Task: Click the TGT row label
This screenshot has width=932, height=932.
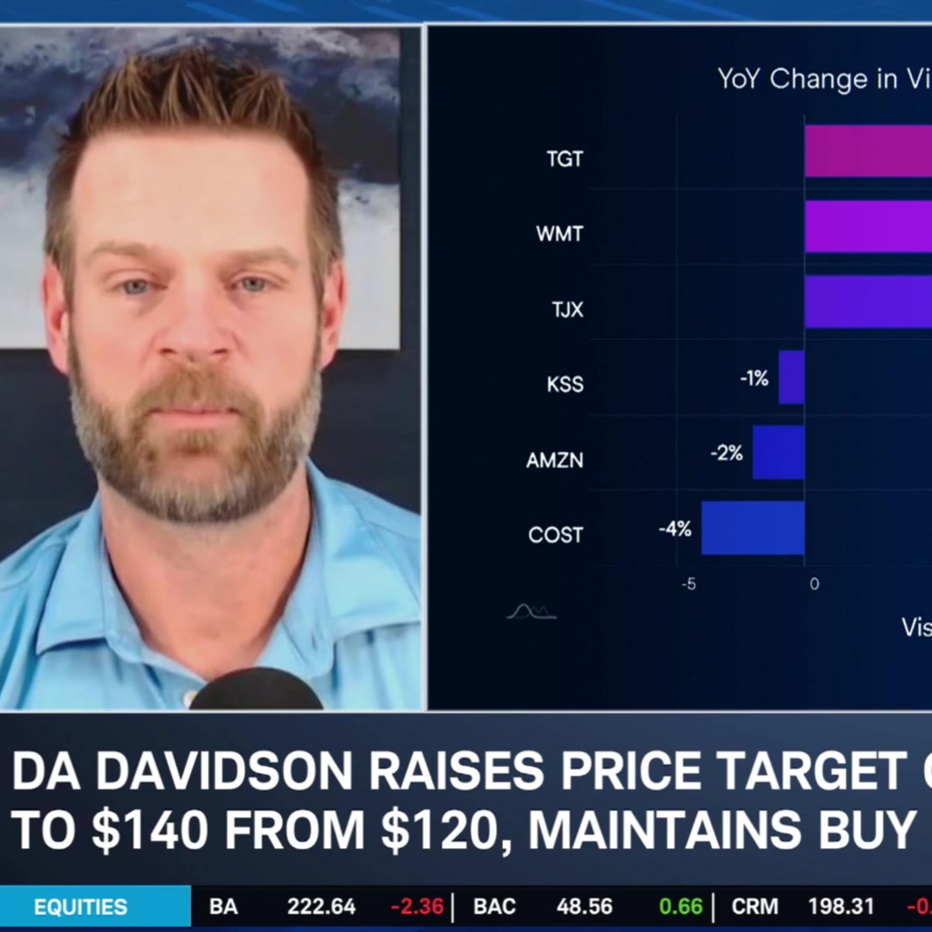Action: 564,159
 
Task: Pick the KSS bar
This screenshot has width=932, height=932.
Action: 791,377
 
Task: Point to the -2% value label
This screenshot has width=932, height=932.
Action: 727,454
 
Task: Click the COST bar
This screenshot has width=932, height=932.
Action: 752,528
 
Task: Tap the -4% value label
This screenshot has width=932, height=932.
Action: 675,529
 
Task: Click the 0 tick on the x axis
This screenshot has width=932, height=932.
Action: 814,584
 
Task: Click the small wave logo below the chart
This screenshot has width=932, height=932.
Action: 531,612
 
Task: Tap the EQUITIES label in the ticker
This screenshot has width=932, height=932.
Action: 80,907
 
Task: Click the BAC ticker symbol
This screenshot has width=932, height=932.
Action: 495,907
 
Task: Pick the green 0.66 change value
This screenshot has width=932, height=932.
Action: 681,907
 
